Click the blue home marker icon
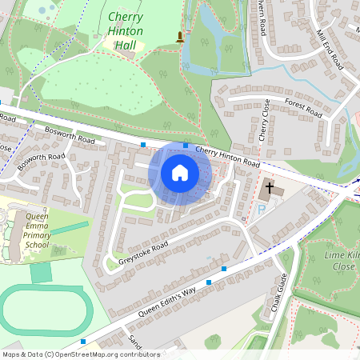coord(180,172)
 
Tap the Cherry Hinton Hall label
coord(126,31)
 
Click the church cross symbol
coord(270,189)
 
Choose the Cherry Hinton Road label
coord(228,157)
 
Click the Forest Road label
coord(302,108)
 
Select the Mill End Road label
coord(329,50)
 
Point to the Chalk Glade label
coord(278,294)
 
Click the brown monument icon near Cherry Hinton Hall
coord(180,37)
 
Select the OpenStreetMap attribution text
coord(80,354)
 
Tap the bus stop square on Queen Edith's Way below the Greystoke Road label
coord(209,282)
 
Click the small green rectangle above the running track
coord(40,273)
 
